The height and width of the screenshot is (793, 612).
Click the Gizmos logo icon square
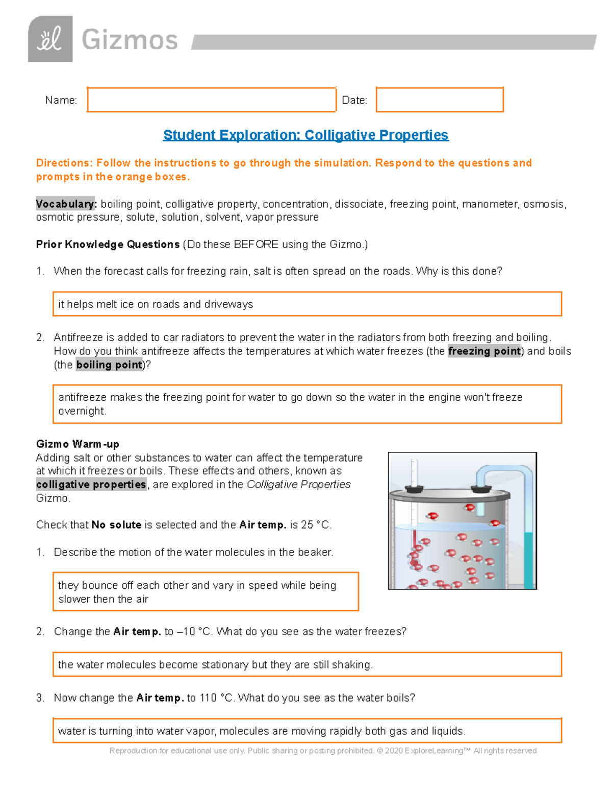[50, 39]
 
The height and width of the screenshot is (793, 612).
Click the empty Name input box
[211, 100]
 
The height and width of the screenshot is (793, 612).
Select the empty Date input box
[440, 100]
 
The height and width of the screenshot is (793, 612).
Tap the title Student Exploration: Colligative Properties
[305, 135]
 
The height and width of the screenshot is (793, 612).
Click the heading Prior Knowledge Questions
[108, 244]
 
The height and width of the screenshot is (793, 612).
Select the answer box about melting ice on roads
[307, 304]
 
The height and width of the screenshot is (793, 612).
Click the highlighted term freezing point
[484, 351]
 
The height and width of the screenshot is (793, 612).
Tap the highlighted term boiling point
[109, 365]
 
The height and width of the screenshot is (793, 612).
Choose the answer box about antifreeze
[307, 404]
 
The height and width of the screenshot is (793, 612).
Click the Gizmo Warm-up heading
[78, 444]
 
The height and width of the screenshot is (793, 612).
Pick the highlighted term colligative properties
[91, 484]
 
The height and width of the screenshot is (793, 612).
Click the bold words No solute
[116, 524]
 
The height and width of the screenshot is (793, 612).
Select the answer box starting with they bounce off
[206, 592]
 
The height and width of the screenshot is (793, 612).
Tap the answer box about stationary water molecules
[307, 664]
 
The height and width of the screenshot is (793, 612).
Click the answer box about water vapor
[307, 731]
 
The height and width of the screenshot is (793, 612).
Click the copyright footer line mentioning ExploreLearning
[323, 751]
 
